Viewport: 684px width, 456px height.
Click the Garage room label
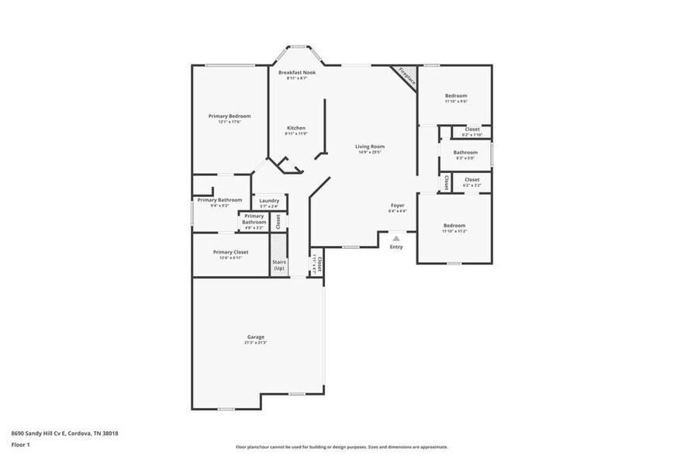(256, 337)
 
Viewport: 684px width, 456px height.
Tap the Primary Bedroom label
(230, 116)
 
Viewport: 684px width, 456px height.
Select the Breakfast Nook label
(297, 72)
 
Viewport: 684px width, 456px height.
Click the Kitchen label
(296, 128)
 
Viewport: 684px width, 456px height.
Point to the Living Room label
(370, 146)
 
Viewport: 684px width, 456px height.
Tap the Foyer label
(397, 205)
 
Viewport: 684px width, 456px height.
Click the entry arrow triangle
(396, 239)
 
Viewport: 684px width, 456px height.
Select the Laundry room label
(269, 200)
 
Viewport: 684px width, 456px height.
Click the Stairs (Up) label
(279, 264)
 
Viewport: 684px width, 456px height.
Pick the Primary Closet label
(230, 251)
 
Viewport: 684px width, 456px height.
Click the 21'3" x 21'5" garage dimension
(256, 342)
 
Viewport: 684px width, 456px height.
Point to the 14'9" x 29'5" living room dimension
(370, 152)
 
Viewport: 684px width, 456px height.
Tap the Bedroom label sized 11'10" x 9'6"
(455, 95)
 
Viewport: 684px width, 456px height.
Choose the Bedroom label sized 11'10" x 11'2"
(454, 225)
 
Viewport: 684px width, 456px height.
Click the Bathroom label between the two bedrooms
(465, 152)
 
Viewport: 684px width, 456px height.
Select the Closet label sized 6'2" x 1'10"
(472, 130)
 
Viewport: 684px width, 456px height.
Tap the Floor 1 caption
(20, 444)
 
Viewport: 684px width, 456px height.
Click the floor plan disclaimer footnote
(341, 447)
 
